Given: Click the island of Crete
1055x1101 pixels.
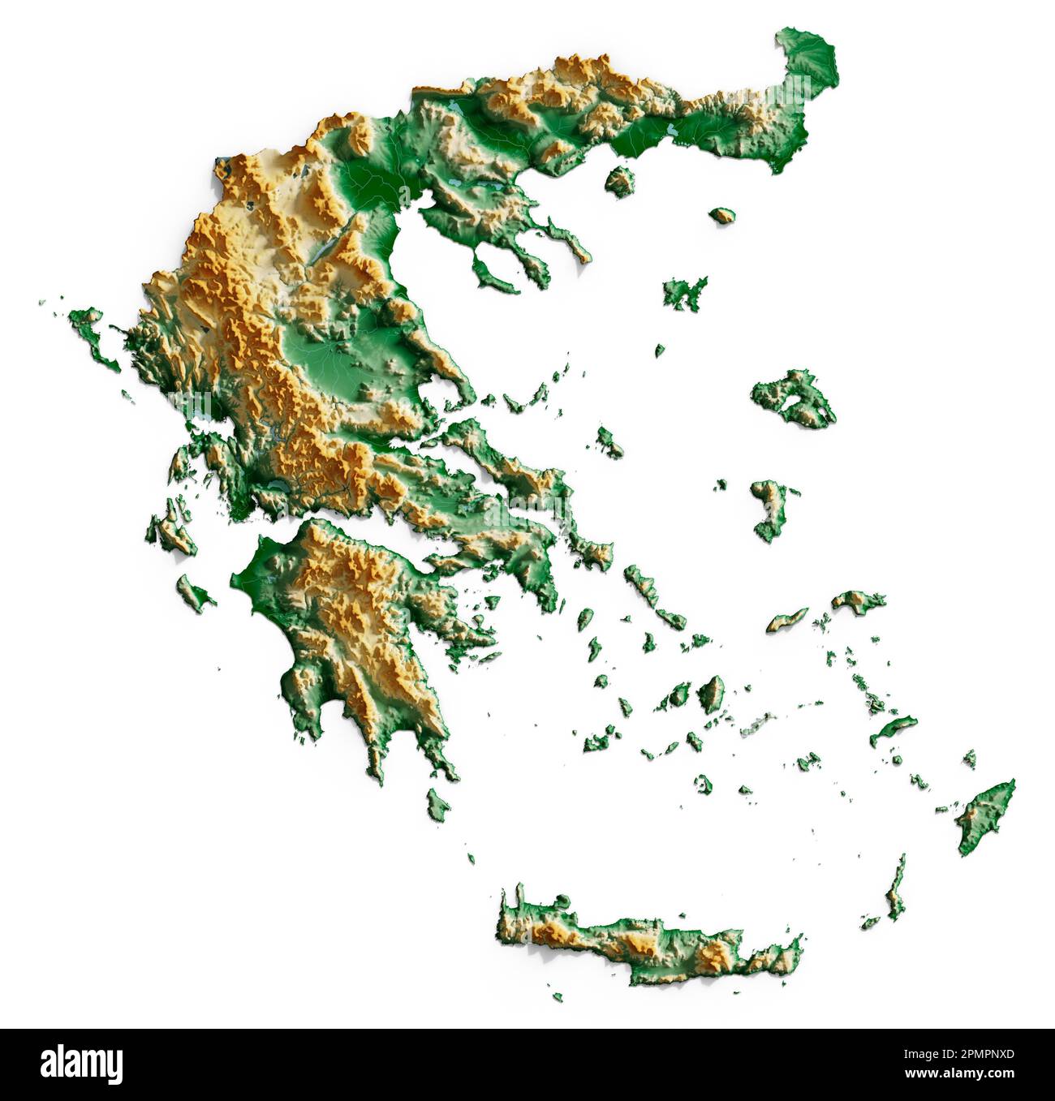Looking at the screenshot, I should pos(649,941).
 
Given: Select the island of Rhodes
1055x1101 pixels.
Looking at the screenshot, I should pos(984,815).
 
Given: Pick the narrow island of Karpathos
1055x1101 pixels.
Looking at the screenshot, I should pos(896,888).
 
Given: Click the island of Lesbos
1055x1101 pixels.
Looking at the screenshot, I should pos(794,399).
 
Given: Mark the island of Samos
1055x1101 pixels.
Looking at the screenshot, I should pos(857,601).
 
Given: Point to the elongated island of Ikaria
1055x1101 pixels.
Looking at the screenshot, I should pos(787,620).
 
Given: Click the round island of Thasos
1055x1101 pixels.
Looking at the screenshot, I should pos(620,181).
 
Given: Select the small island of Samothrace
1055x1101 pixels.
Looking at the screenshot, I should pos(721,216).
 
